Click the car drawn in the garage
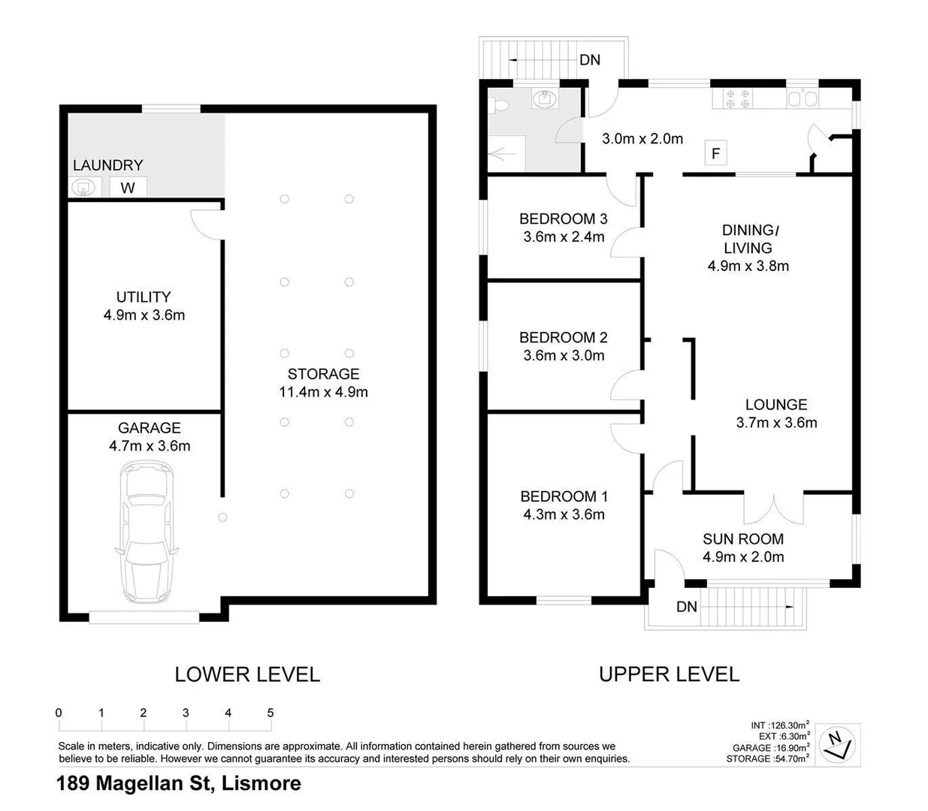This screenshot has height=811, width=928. (147, 535)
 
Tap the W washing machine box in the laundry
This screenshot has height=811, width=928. (128, 188)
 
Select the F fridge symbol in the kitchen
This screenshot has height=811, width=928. (715, 154)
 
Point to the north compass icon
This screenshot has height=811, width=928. (837, 745)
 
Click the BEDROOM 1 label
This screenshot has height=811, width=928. (564, 496)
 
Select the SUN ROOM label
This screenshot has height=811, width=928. (742, 539)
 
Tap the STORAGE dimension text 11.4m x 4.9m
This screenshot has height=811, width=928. (323, 392)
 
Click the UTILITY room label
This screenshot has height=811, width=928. (143, 297)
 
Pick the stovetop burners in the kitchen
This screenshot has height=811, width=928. (735, 99)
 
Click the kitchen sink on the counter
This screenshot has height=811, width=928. (802, 99)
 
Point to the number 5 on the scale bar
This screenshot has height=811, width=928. (271, 713)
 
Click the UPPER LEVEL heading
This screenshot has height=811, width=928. (669, 674)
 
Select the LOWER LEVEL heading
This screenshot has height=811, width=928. (247, 674)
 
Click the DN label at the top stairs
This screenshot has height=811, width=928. (590, 60)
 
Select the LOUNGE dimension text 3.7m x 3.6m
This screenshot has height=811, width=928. (776, 423)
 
